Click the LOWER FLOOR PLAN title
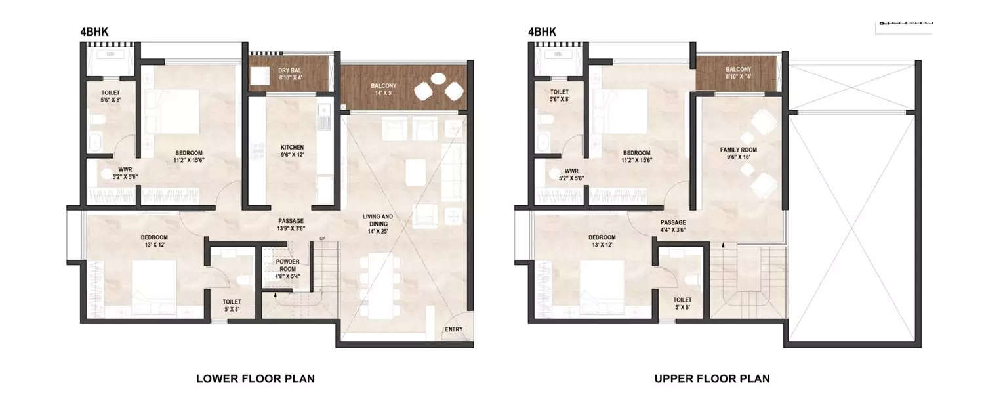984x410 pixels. point(256,379)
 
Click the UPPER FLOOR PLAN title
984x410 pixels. point(712,379)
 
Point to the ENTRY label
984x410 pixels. point(453,329)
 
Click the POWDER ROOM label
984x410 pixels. point(287,265)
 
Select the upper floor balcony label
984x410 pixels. point(738,73)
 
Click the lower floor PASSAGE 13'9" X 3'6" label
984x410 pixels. point(290,225)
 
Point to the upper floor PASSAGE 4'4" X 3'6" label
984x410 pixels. point(673,226)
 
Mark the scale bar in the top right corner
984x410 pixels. point(904,24)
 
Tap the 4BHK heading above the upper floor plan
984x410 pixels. point(542,31)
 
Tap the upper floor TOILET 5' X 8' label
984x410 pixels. point(683,302)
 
